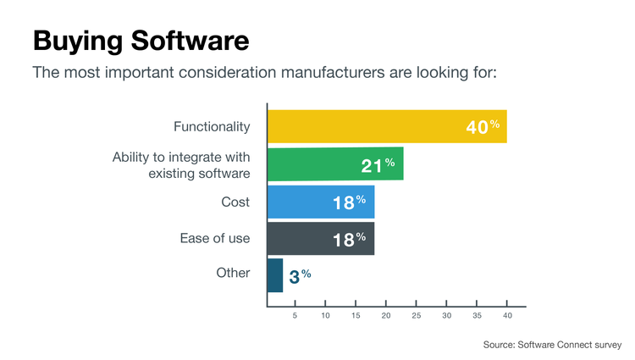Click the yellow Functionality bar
point(387,126)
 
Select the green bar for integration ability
point(335,163)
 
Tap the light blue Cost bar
point(321,202)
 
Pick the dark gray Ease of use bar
point(321,239)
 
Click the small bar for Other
point(275,275)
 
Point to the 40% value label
point(483,127)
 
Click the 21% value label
point(378,165)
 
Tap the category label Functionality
point(212,127)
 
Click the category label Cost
point(235,202)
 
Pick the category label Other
point(233,274)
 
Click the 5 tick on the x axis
point(295,316)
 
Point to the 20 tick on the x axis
point(386,316)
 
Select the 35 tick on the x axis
point(477,316)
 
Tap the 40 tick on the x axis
point(507,316)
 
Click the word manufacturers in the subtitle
point(333,71)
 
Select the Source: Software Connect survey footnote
point(552,345)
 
